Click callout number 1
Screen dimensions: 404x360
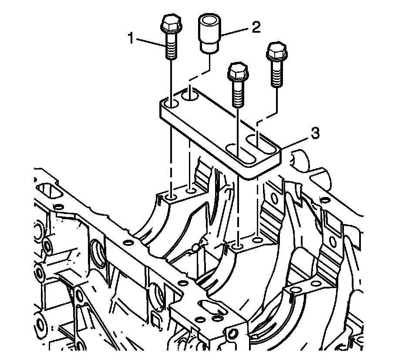click(131, 39)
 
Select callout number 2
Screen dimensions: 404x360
click(256, 27)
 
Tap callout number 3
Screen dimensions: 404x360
click(315, 133)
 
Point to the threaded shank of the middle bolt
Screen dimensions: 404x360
click(238, 93)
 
